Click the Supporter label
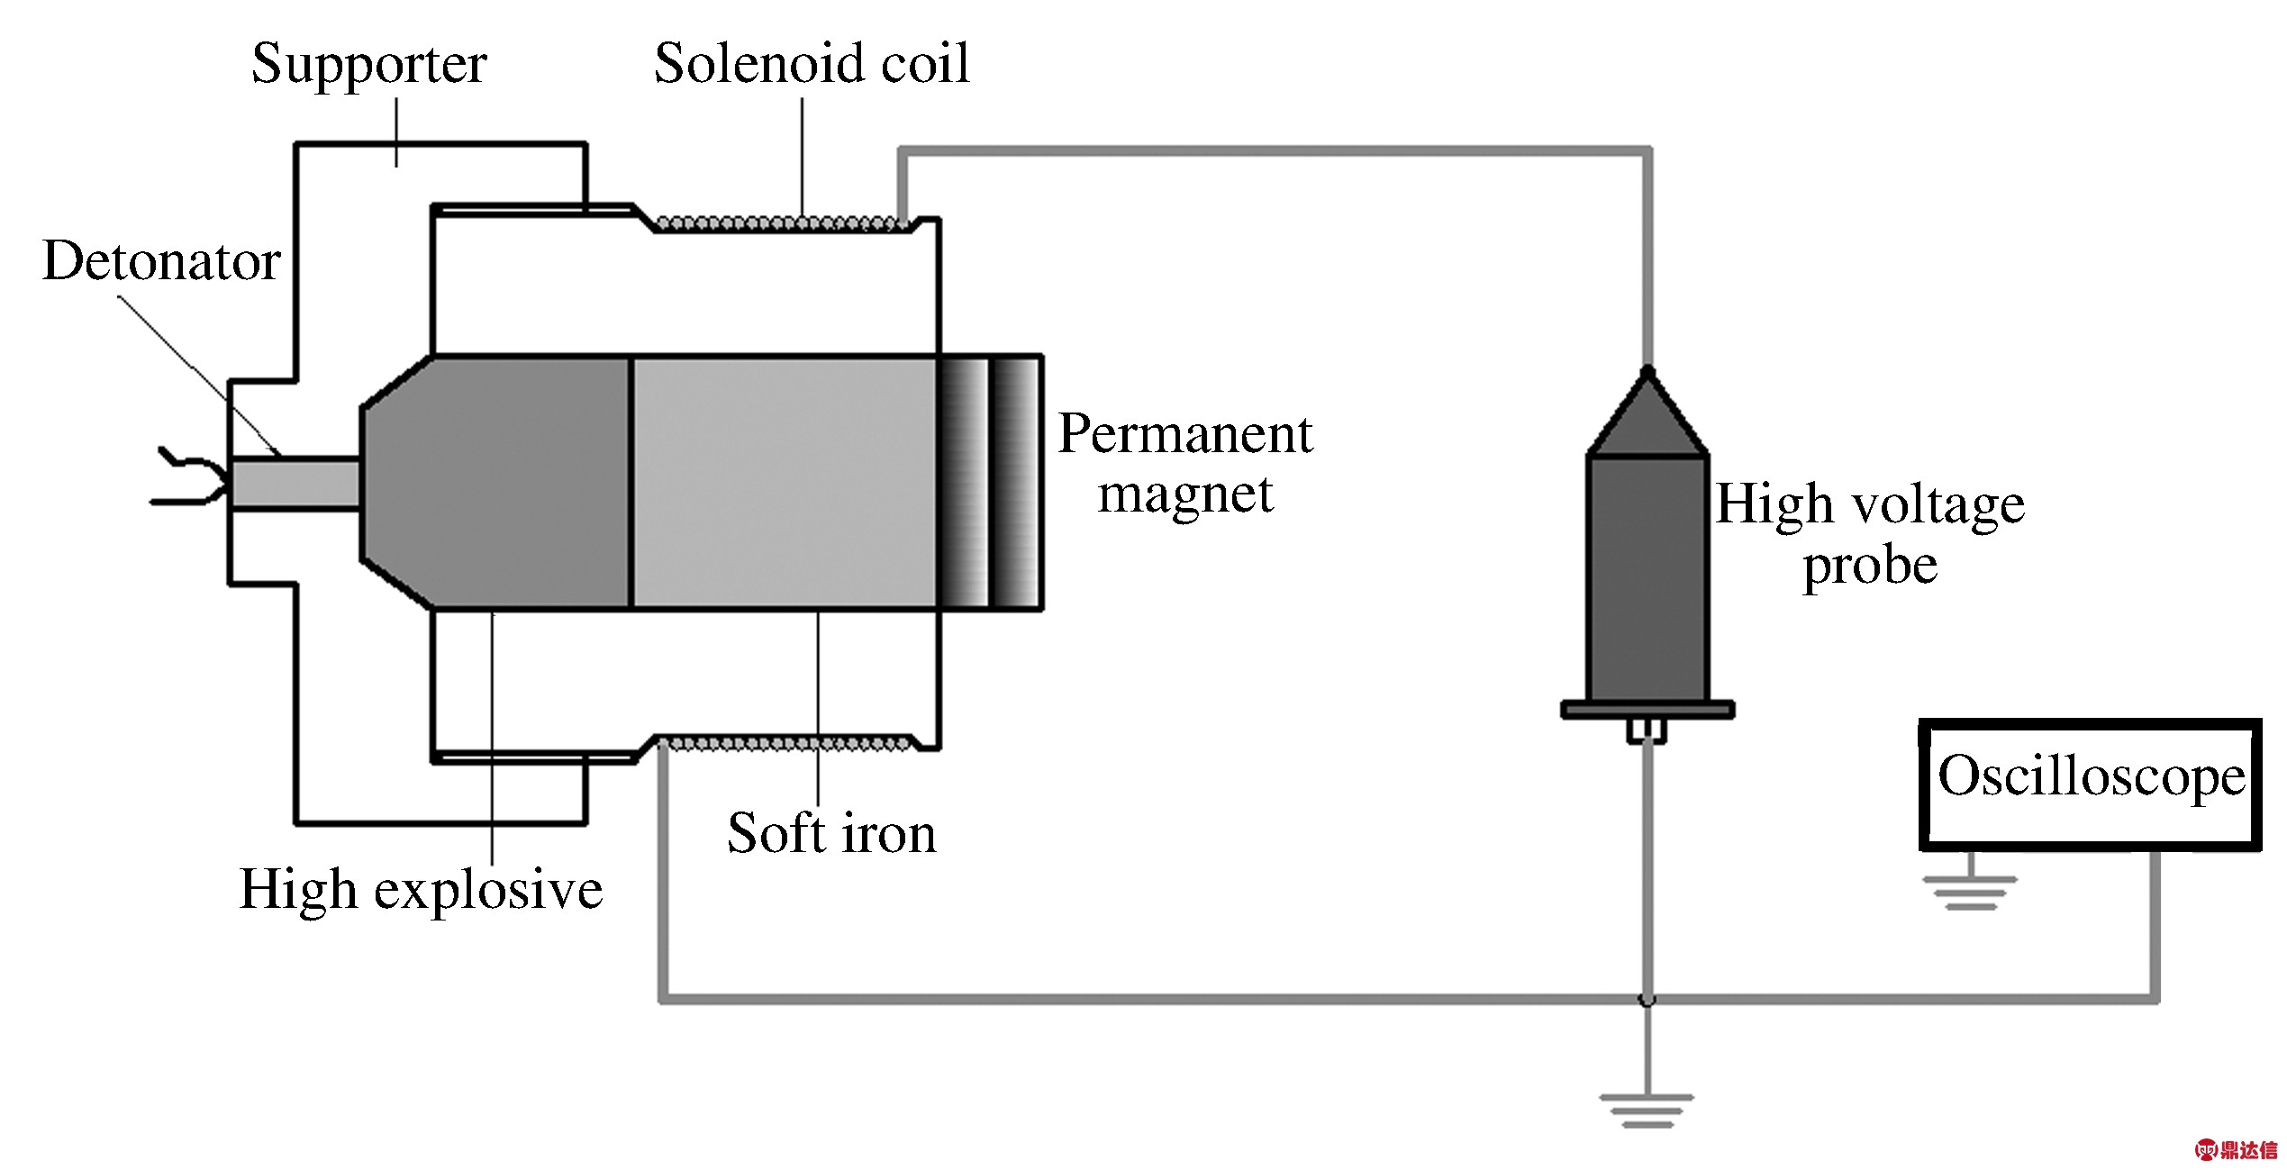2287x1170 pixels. pos(369,65)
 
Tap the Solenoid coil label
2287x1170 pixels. pos(812,64)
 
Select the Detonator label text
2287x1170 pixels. pos(161,262)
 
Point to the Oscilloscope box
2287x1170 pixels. pos(2091,785)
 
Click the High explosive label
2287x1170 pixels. pos(421,891)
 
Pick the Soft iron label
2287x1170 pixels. pos(831,833)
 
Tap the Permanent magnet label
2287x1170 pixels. pos(1185,464)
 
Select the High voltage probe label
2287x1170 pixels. pos(1870,533)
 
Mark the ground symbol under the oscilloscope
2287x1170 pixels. pos(1971,893)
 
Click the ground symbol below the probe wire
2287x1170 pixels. pos(1647,1111)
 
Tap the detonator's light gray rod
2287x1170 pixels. pos(296,484)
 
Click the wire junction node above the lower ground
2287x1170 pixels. pos(1647,999)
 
